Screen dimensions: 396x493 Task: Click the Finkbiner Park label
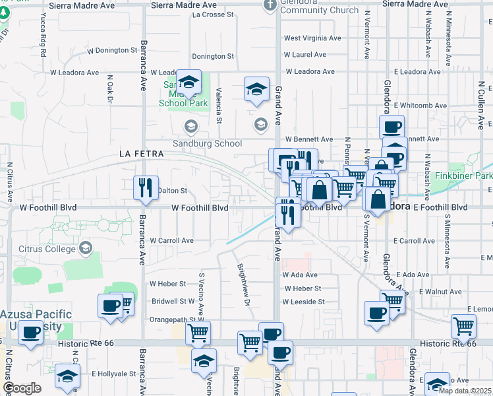point(464,176)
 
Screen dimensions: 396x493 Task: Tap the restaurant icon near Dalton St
point(146,187)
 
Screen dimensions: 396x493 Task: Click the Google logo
point(22,388)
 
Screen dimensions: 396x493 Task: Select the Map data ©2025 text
point(465,390)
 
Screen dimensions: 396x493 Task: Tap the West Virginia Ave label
point(312,38)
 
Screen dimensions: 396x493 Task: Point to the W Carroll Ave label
point(171,241)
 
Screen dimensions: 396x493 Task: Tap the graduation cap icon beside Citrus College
point(85,248)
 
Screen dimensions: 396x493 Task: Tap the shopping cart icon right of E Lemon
point(463,326)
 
